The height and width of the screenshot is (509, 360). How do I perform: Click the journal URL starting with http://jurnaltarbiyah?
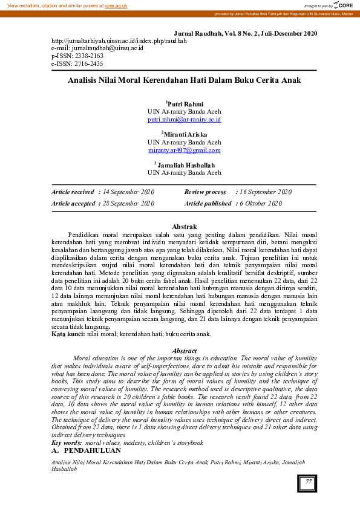pos(120,41)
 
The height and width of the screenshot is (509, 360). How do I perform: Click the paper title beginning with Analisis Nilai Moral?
pos(184,80)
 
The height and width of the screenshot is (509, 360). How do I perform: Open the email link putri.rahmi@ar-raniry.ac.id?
pos(184,120)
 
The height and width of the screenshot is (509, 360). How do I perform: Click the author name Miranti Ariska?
pos(185,134)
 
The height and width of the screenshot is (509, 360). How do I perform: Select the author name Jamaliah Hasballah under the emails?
pos(185,164)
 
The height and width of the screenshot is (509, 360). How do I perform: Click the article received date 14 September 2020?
pos(128,192)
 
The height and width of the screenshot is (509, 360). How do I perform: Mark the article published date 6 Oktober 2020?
pos(260,204)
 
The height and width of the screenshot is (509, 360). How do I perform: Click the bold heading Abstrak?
pos(184,226)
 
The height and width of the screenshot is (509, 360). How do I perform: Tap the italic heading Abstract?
pos(184,351)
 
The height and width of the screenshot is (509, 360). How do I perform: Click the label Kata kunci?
pos(67,334)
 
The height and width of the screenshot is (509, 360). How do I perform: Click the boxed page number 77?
pos(308,482)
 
